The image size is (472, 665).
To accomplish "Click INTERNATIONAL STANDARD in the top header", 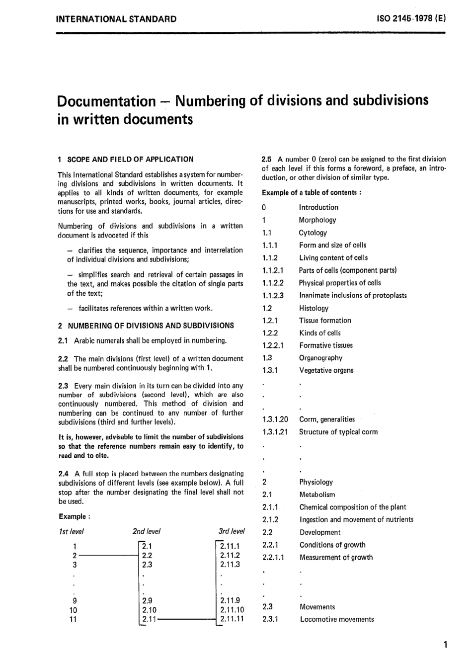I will click(117, 19).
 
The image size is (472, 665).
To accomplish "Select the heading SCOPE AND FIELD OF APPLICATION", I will click(130, 160).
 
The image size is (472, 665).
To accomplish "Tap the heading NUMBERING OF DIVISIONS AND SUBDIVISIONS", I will click(150, 326).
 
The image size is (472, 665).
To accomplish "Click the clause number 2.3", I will click(63, 386).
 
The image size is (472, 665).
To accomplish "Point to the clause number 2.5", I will click(267, 159).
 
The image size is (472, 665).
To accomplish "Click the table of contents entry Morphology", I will click(317, 220).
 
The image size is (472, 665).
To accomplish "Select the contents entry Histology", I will click(314, 308).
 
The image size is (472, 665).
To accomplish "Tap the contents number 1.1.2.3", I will click(273, 296).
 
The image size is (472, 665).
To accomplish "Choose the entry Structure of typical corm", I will click(338, 432).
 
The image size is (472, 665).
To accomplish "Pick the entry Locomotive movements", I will click(337, 619).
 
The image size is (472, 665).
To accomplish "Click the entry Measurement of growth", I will click(336, 558).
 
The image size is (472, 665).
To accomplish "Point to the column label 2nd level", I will click(147, 531).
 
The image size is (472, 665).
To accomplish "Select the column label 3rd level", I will click(232, 531).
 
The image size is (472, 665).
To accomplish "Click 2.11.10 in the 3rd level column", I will click(232, 610).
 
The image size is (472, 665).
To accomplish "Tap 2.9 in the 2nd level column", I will click(147, 600).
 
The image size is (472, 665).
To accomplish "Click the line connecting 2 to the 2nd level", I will click(107, 556).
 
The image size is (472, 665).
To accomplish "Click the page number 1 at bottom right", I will click(445, 645).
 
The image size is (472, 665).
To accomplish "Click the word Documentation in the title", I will click(106, 101).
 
